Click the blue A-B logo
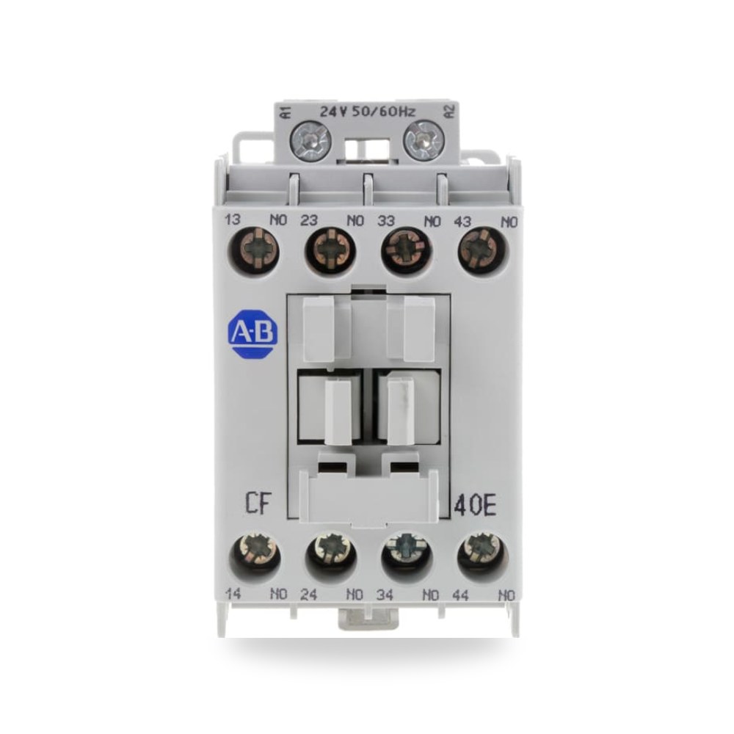(x=252, y=333)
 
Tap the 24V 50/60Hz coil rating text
(x=367, y=112)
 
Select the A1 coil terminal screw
(x=310, y=140)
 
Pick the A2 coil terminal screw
(x=424, y=140)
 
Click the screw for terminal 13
(x=254, y=250)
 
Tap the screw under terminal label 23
(x=330, y=250)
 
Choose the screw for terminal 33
(x=407, y=250)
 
